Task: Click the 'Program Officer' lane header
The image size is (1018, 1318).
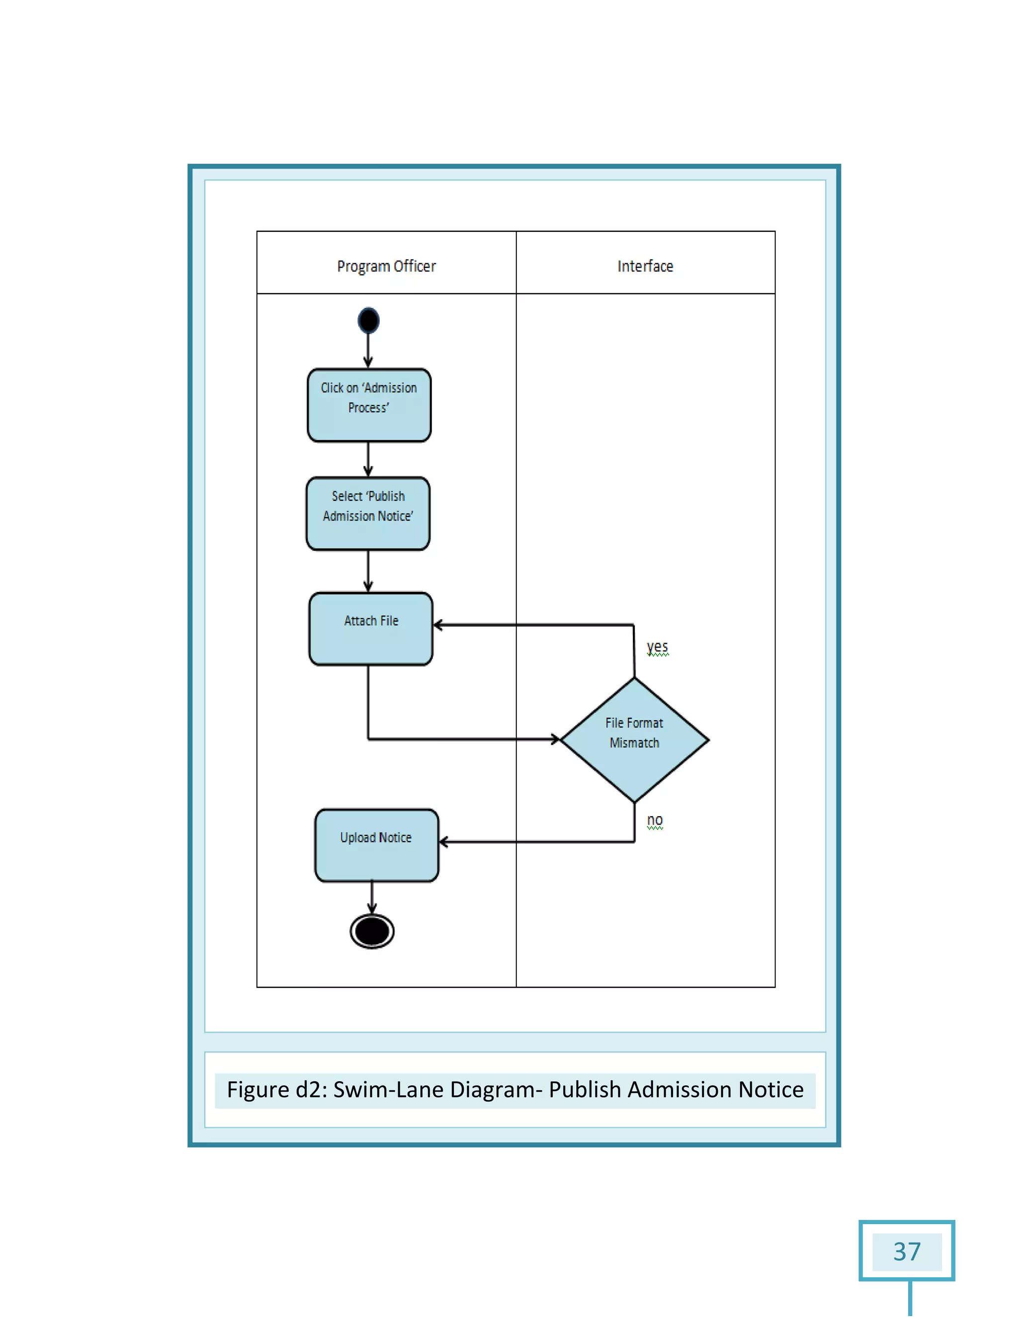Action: (x=386, y=266)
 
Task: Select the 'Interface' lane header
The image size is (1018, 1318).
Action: (x=645, y=266)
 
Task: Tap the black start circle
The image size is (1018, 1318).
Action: (x=368, y=320)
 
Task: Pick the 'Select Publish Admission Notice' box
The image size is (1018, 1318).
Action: (x=368, y=514)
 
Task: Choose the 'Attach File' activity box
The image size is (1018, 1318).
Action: (x=371, y=629)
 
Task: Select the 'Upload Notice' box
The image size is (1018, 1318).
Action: (x=376, y=845)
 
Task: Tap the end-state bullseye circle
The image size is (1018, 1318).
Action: (x=372, y=931)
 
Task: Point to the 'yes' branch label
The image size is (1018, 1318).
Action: (x=657, y=647)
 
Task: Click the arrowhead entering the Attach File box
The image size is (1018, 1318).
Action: (x=438, y=625)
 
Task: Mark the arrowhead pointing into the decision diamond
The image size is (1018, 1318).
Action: (x=555, y=739)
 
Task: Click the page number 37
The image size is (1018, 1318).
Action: (x=907, y=1251)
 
